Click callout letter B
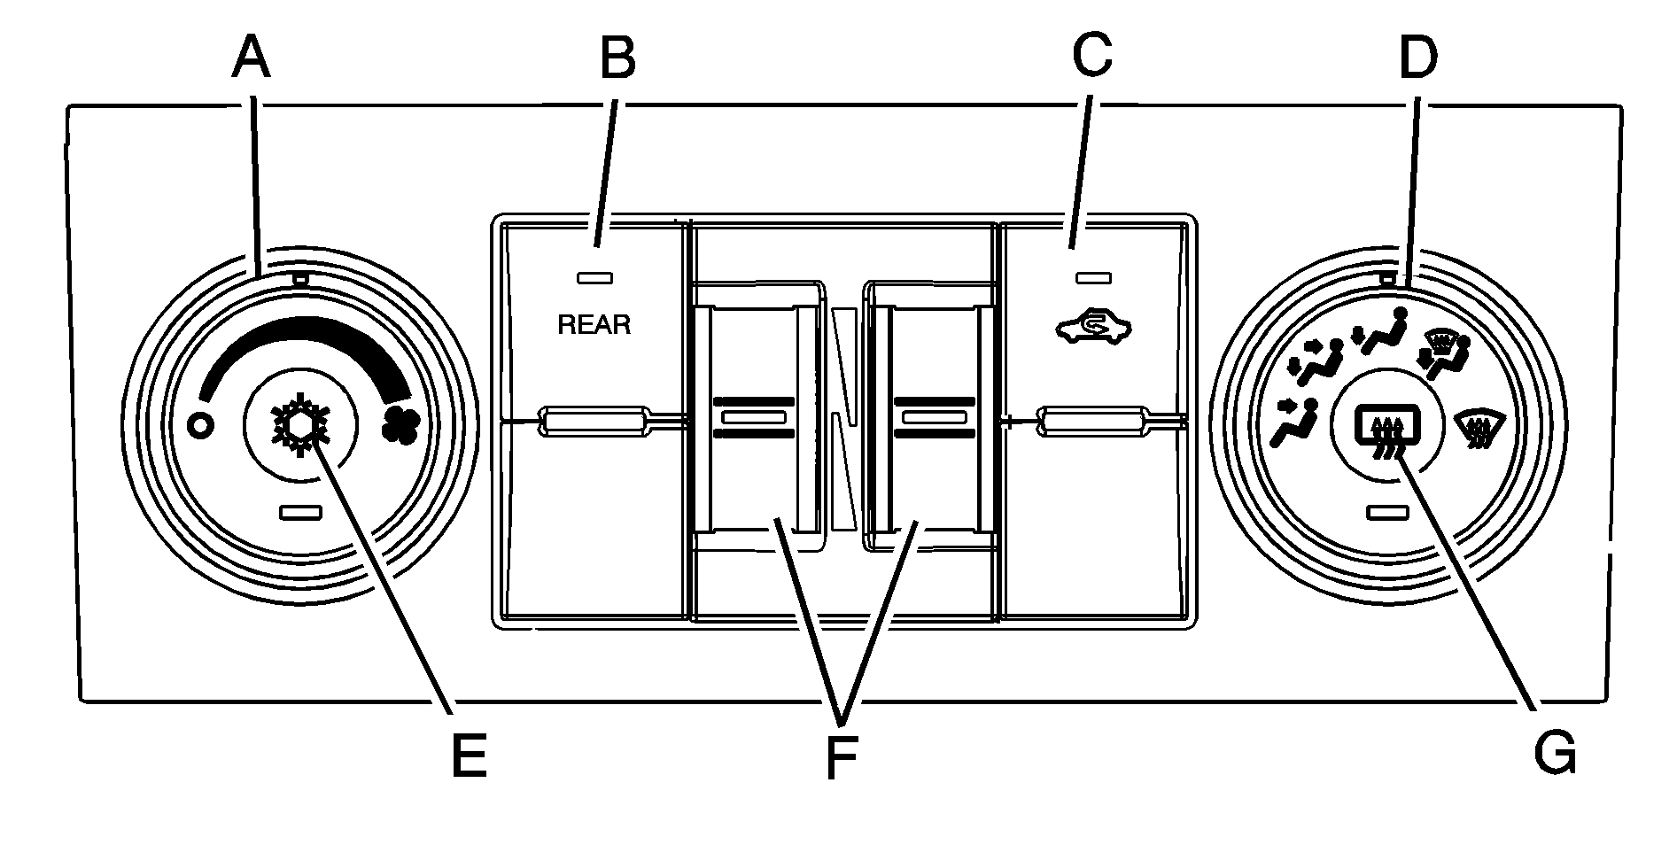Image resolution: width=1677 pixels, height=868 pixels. [x=617, y=59]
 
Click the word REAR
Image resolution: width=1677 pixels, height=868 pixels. [x=594, y=325]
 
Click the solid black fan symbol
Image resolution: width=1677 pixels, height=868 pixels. [x=400, y=426]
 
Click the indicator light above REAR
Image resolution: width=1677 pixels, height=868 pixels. [x=594, y=278]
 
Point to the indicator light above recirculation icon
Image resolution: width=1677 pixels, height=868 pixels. [x=1091, y=278]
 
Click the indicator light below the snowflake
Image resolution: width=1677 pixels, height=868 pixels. [x=300, y=511]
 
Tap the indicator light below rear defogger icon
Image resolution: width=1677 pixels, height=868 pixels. [x=1388, y=511]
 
